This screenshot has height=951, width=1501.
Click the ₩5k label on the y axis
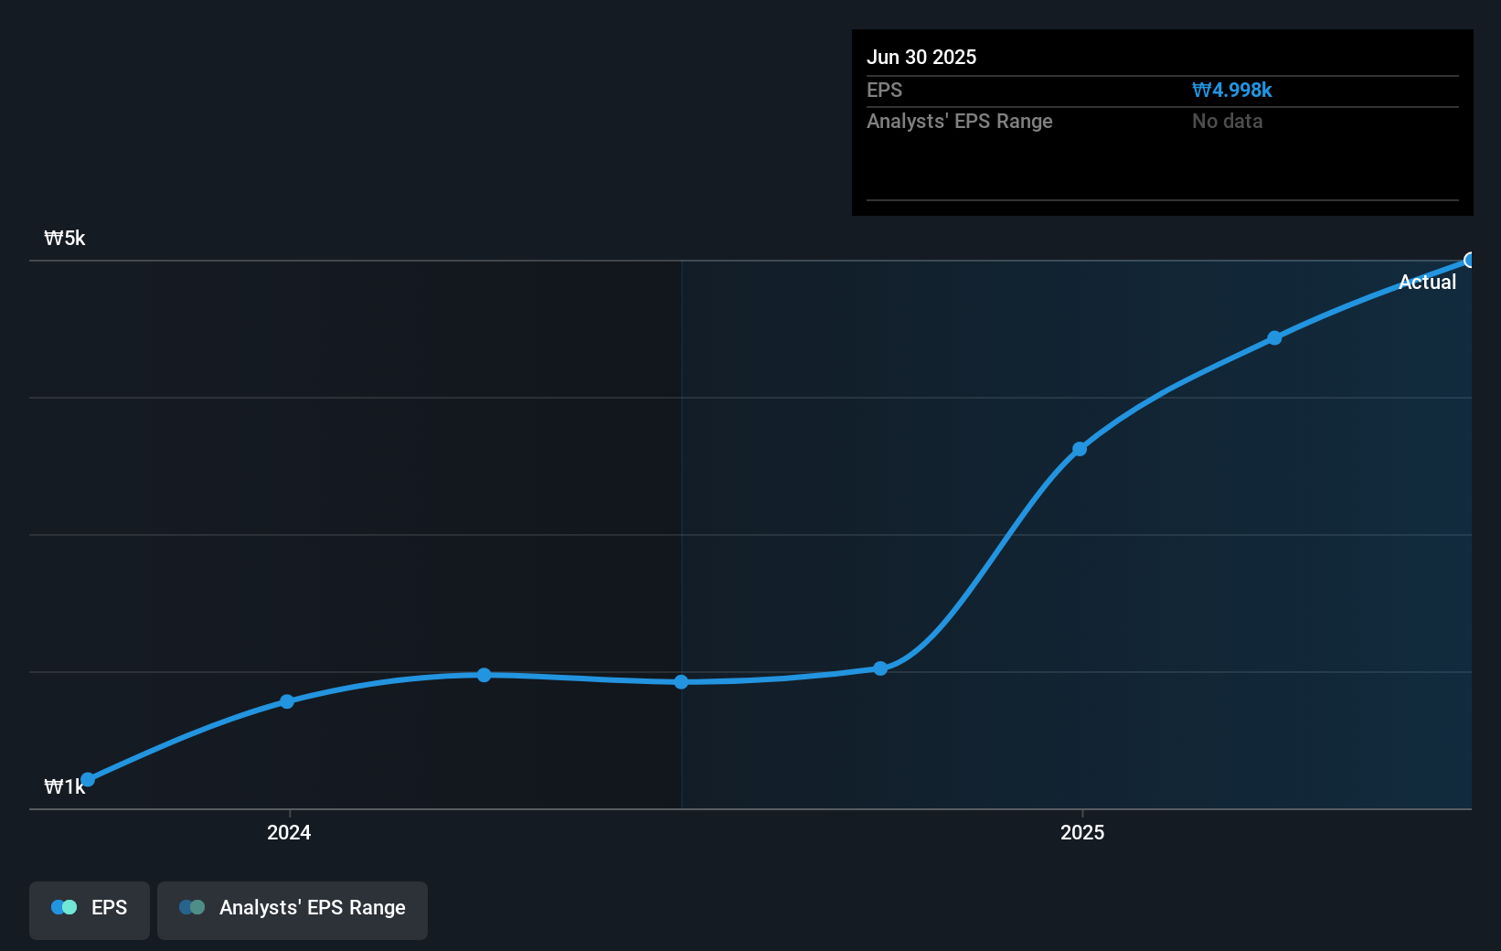[x=65, y=239]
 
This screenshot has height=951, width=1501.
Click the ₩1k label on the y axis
[x=64, y=787]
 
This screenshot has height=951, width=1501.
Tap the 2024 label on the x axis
[x=289, y=832]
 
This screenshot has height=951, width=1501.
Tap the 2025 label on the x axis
[x=1082, y=832]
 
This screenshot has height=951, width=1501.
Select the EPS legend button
[x=90, y=908]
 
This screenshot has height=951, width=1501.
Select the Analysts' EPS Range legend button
[x=293, y=908]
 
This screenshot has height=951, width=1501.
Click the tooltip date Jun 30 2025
[x=921, y=58]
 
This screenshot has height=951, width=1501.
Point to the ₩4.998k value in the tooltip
[x=1231, y=91]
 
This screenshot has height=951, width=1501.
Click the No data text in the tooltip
[x=1227, y=122]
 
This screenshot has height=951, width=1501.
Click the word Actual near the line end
[x=1427, y=283]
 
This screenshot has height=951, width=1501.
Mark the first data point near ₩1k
[x=88, y=780]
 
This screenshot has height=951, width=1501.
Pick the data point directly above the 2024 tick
[x=287, y=701]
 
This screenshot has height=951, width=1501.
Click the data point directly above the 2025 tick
[x=1080, y=449]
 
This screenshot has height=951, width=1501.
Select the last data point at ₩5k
[x=1469, y=261]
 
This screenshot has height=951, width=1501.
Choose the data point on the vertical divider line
[x=681, y=682]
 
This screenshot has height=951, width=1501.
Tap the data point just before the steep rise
[x=880, y=668]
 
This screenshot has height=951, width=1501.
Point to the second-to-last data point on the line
[x=1274, y=338]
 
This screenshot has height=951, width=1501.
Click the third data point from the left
[x=484, y=675]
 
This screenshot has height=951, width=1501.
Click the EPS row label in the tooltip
[x=884, y=91]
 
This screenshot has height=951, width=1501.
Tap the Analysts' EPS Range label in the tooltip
[x=959, y=122]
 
